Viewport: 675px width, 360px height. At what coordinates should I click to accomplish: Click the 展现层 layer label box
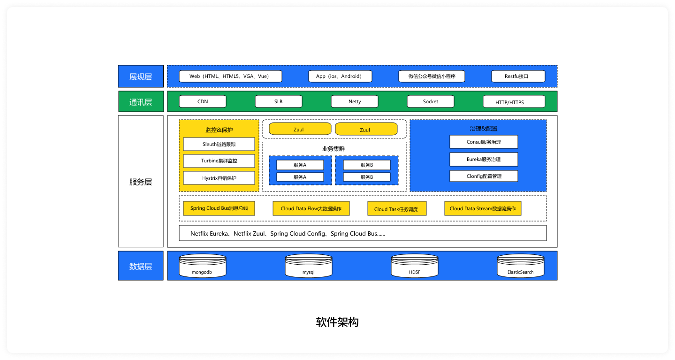coord(141,77)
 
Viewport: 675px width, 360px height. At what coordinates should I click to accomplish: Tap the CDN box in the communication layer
coord(203,101)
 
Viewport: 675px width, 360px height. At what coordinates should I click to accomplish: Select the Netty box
coord(354,101)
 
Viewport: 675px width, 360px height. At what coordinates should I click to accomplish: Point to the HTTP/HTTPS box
coord(514,101)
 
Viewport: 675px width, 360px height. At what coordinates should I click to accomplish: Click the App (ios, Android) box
coord(340,77)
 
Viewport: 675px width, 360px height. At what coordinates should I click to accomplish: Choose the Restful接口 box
coord(518,77)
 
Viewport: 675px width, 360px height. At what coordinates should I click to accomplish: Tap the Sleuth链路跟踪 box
coord(219,144)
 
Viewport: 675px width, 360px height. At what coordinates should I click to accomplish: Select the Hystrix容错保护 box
coord(219,178)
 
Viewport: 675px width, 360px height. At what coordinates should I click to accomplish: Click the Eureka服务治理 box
coord(484,159)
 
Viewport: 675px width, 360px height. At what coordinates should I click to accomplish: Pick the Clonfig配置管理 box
coord(484,176)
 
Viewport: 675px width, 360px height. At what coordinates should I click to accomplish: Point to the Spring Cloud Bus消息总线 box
coord(219,208)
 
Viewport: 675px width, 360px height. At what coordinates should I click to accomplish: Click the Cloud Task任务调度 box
coord(397,209)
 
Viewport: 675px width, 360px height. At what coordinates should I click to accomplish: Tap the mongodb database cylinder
coord(203,266)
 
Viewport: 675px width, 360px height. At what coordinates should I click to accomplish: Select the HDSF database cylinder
coord(415,266)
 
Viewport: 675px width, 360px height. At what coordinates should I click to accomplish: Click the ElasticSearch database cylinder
coord(520,266)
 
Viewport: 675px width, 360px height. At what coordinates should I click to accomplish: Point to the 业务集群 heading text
coord(334,149)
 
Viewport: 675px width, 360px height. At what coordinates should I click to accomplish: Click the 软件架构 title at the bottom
coord(337,322)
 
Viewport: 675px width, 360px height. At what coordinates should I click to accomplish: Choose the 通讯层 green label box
coord(141,101)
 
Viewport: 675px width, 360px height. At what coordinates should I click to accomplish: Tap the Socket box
coord(430,101)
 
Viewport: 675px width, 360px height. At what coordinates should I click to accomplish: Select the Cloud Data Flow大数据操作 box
coord(311,209)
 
